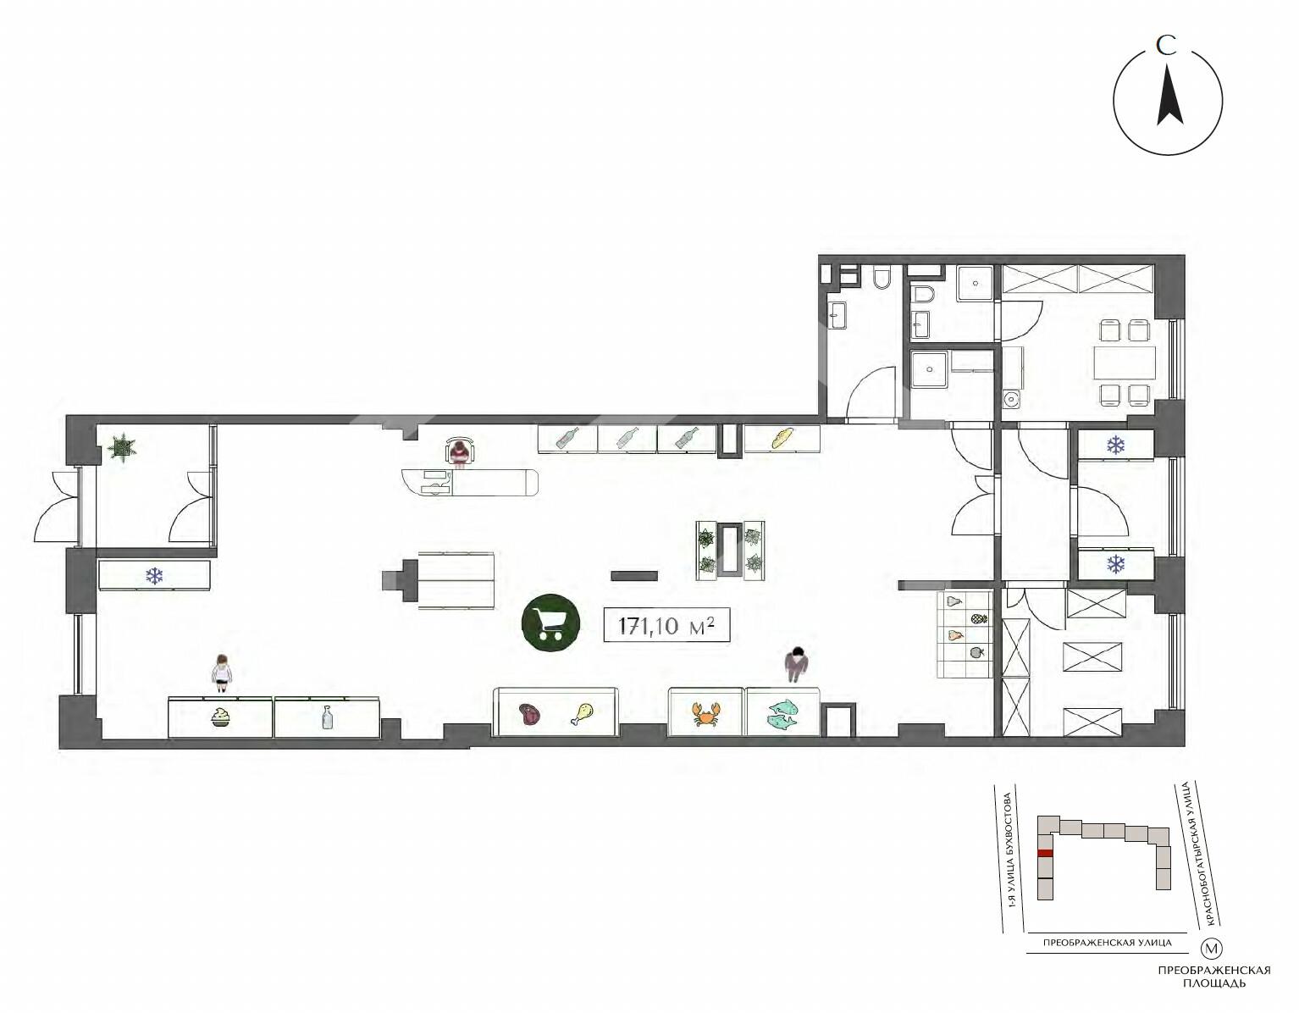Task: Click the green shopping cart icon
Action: coord(550,625)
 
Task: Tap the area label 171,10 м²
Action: coord(666,625)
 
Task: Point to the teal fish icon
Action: coord(782,714)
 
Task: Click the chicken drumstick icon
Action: coord(583,714)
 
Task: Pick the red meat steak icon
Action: coord(529,715)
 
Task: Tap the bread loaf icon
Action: coord(782,438)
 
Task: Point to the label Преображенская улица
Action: coord(1107,943)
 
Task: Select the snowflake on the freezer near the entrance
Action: coord(155,576)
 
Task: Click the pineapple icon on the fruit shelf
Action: coord(978,618)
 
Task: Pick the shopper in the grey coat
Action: coord(796,664)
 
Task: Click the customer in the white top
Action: coord(221,673)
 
